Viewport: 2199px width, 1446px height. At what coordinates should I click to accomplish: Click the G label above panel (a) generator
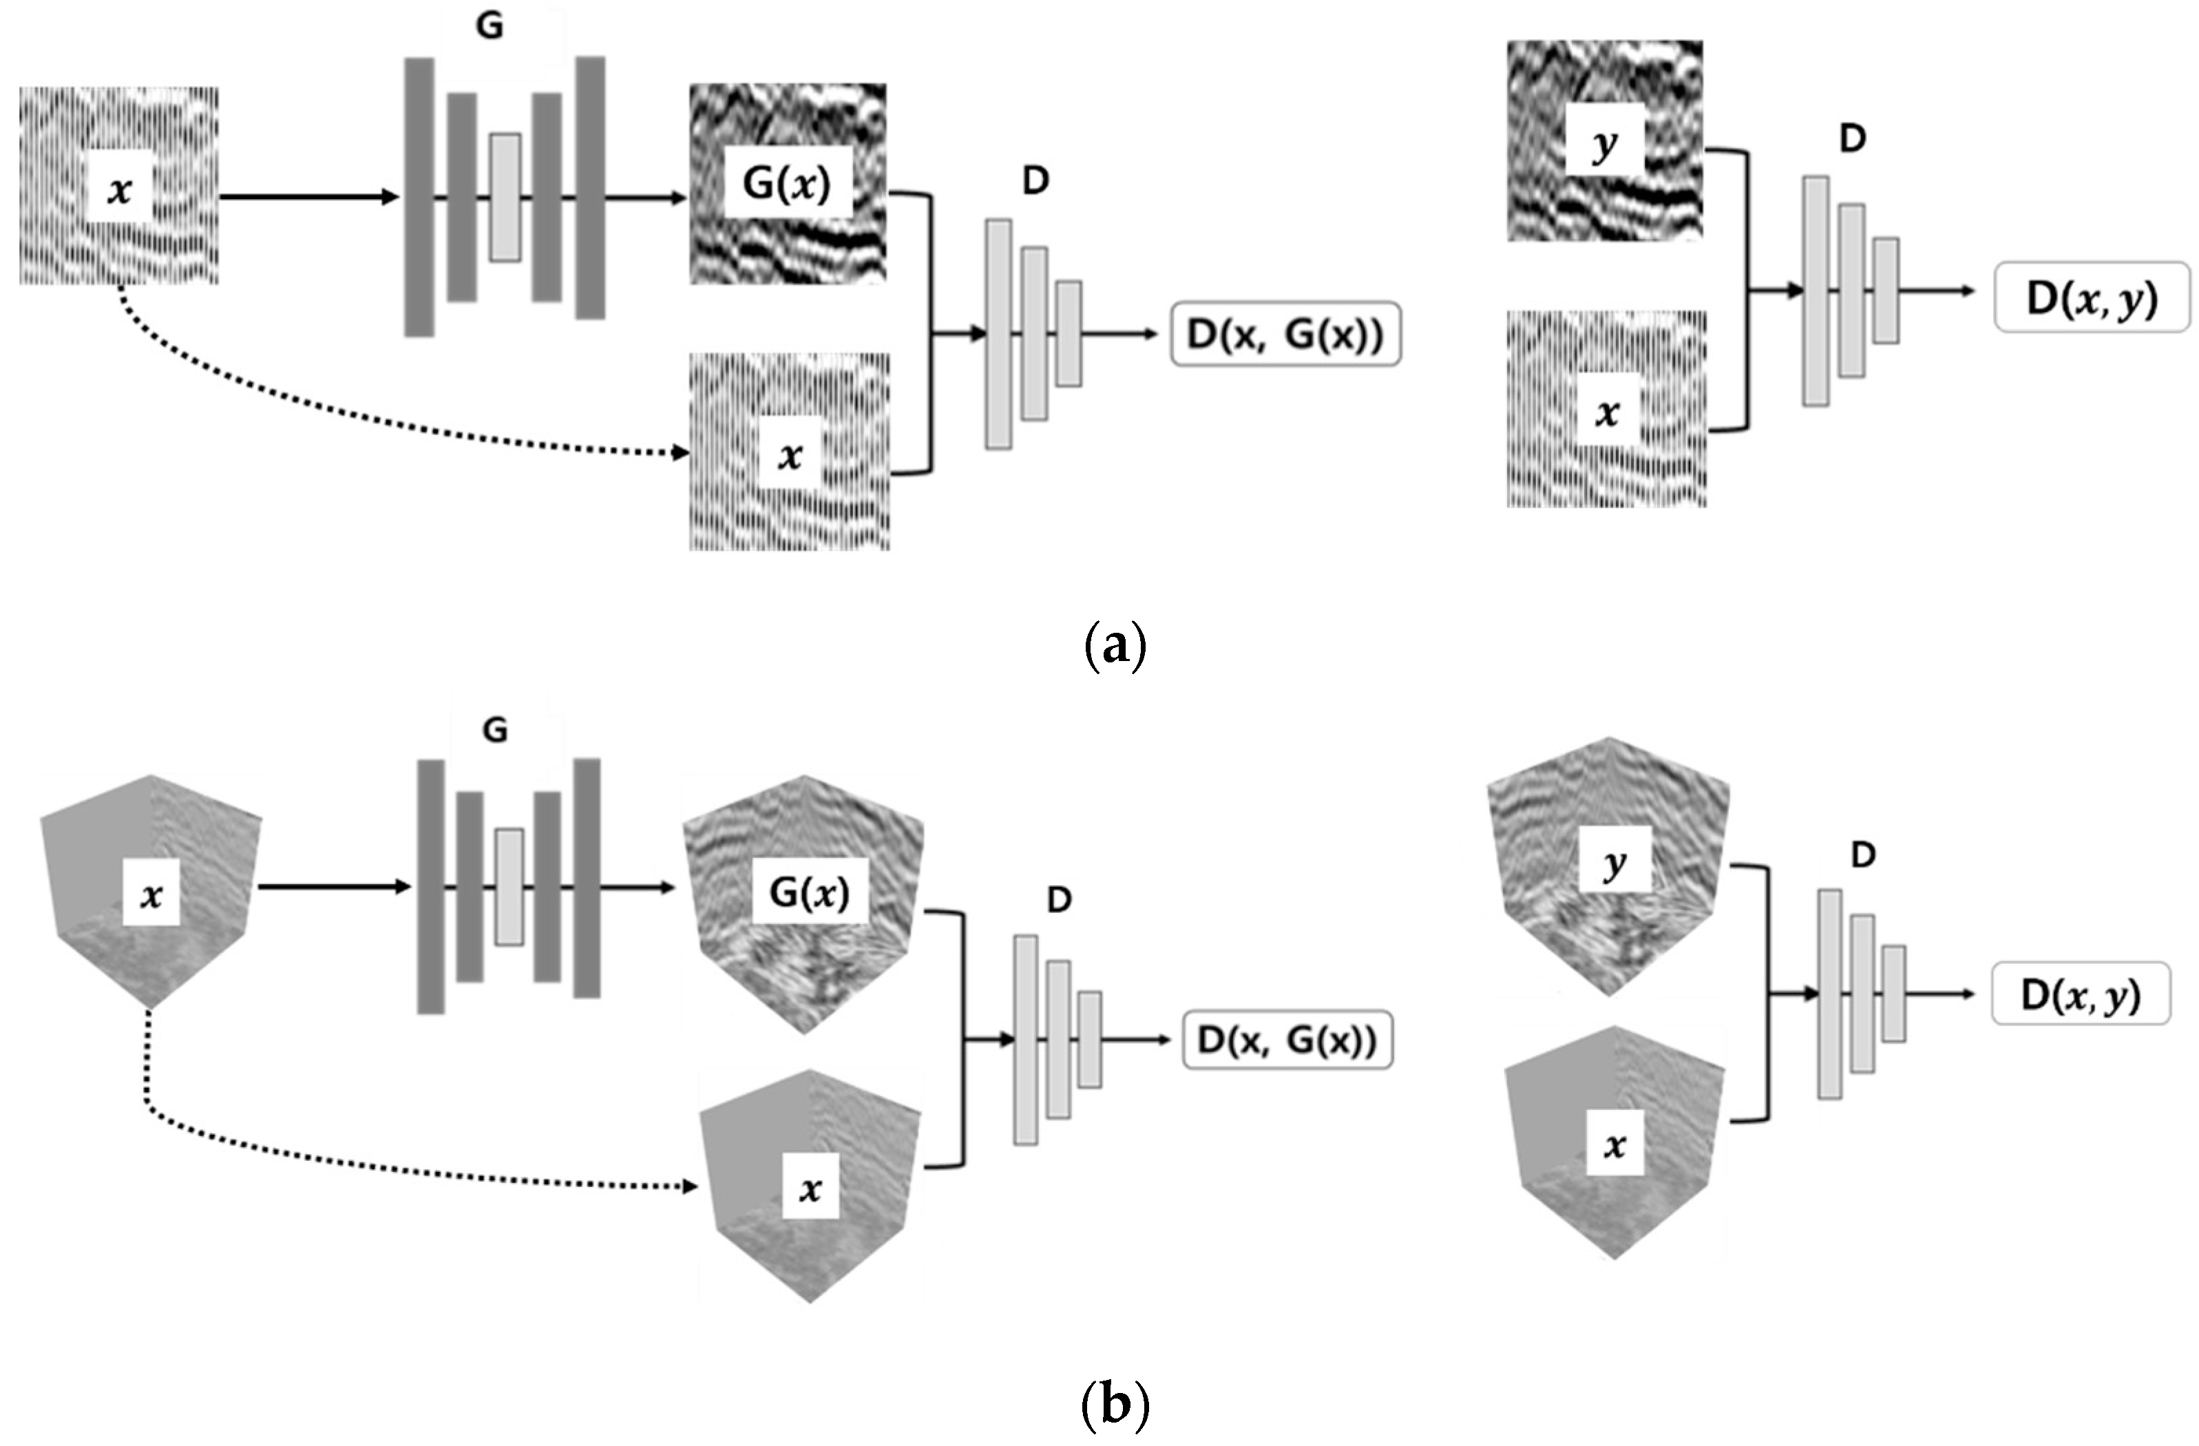tap(489, 26)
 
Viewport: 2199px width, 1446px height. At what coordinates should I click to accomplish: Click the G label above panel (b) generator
tap(495, 731)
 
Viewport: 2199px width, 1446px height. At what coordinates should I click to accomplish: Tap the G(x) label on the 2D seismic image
tap(786, 184)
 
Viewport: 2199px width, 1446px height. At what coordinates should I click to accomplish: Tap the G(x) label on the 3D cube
tap(810, 892)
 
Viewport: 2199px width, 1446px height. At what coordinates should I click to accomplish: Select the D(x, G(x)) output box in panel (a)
tap(1285, 335)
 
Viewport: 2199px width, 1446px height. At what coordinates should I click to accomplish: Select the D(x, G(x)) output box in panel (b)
tap(1287, 1040)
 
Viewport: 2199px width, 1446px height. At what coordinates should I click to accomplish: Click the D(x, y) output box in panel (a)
tap(2092, 297)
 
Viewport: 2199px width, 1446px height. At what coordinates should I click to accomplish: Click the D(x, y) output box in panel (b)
tap(2081, 994)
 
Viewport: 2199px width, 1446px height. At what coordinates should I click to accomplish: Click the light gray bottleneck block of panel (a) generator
tap(505, 197)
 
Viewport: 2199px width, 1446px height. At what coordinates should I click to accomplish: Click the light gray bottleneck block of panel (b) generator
tap(508, 886)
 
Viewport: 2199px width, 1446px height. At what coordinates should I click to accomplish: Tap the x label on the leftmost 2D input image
tap(119, 189)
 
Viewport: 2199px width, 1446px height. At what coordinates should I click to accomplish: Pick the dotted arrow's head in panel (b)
tap(689, 1186)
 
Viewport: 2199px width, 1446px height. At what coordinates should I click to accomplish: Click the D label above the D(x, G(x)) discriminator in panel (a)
tap(1035, 181)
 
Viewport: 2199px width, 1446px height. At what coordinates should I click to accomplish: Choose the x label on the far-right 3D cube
tap(1614, 1146)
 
